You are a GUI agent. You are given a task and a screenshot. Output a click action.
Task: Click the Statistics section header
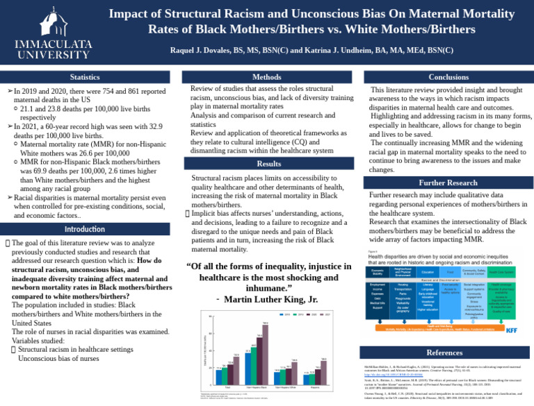click(88, 76)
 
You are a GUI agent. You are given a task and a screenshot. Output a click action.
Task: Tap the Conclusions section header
click(445, 76)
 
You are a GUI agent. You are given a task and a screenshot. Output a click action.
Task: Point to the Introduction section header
click(88, 229)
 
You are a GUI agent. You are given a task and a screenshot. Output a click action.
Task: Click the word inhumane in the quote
click(266, 287)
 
